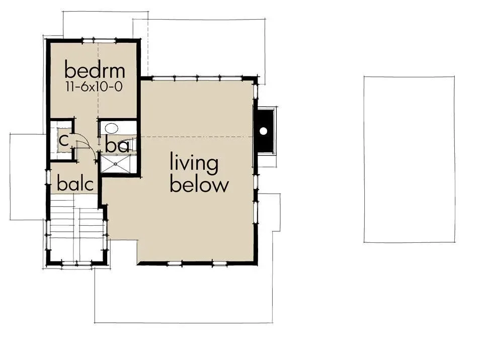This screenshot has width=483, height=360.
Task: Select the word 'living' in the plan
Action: (194, 163)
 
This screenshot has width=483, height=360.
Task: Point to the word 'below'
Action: (199, 185)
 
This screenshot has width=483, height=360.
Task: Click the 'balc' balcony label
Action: (75, 184)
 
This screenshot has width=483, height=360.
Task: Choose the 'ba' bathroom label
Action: (117, 145)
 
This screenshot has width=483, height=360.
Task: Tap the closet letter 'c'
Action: (63, 141)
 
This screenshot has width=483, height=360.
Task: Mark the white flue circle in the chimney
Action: (263, 131)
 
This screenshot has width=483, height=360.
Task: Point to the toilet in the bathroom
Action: (131, 145)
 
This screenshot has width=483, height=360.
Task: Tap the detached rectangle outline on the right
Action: (410, 159)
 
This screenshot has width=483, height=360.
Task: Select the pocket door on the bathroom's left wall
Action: (99, 133)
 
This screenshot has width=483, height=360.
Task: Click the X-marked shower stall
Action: (118, 164)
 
